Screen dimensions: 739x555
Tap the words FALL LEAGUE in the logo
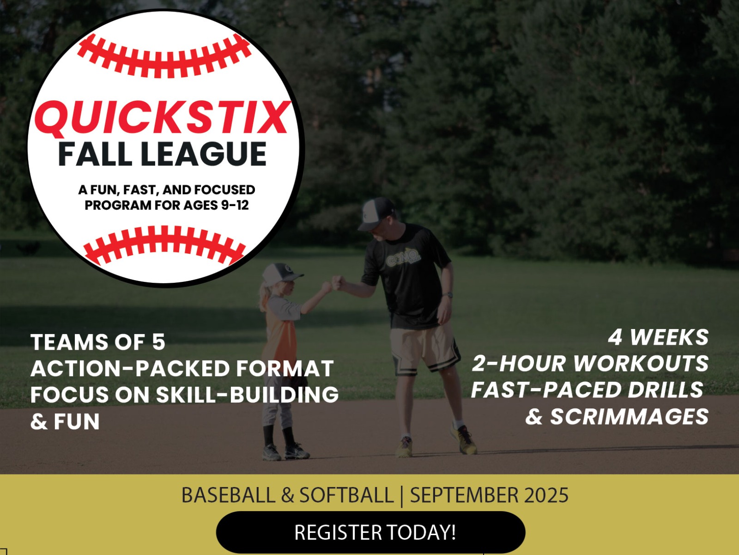[x=163, y=154]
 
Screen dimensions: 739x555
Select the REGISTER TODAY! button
[x=371, y=532]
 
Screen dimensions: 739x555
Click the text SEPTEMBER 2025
[x=489, y=495]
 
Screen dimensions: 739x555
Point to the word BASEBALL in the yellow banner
[x=228, y=495]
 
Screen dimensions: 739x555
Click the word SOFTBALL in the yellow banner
[x=346, y=495]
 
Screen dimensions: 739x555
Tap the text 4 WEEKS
[x=659, y=337]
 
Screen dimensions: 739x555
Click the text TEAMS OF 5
[x=98, y=342]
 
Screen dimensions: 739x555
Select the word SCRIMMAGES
[x=630, y=416]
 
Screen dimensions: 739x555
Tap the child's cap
[x=281, y=274]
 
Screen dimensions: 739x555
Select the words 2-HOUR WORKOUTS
[x=590, y=363]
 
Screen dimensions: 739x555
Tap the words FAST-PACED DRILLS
[x=588, y=390]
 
